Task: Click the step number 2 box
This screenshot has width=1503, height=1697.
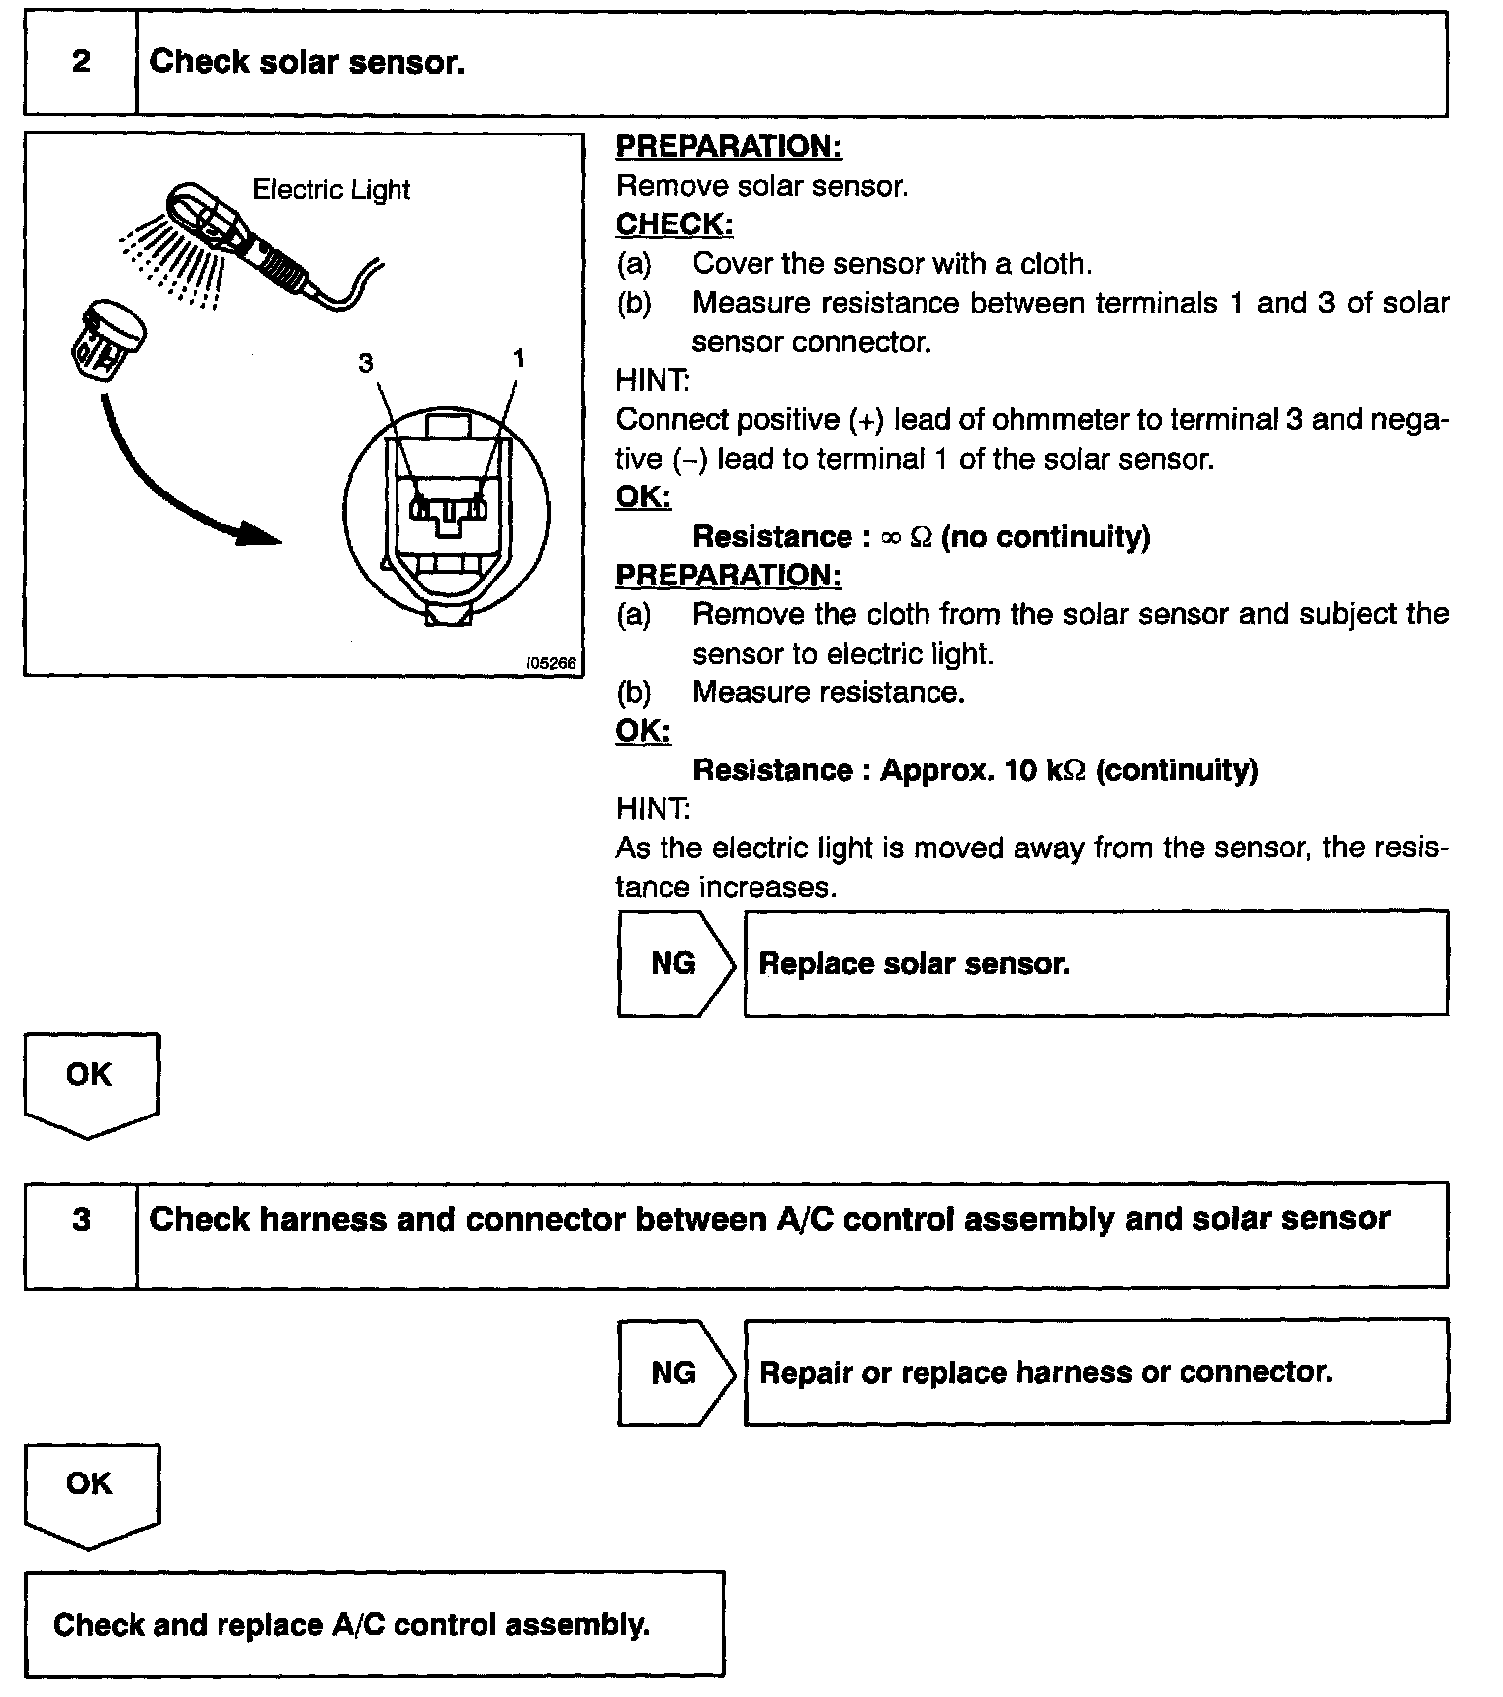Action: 81,63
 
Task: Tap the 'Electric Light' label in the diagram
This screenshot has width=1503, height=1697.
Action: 331,190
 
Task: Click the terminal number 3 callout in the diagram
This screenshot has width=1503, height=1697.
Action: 366,364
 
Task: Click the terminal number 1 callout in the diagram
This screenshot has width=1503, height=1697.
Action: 519,358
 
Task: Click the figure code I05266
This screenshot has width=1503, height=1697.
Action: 552,663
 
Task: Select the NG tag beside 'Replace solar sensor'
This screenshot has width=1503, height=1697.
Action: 673,963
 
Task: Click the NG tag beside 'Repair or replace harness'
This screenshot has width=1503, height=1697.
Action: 673,1373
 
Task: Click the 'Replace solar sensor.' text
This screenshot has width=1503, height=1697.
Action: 914,964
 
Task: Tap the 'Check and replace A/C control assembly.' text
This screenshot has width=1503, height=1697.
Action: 351,1625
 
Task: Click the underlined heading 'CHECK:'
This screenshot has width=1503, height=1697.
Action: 674,225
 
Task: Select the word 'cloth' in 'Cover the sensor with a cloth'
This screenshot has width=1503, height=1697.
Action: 1051,264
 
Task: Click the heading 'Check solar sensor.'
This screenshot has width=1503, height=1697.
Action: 307,63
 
